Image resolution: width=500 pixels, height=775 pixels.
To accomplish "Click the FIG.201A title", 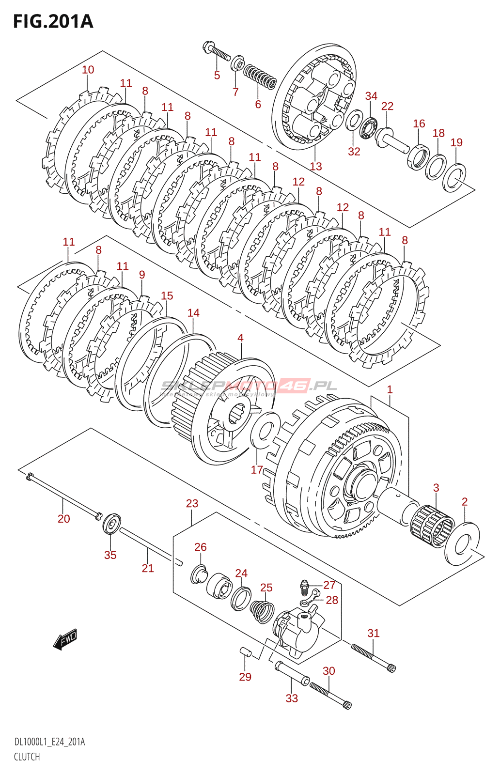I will coord(53,21).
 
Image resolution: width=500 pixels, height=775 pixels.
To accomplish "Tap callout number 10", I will coord(88,70).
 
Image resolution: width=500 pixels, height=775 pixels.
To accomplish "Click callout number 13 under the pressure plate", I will coord(315,167).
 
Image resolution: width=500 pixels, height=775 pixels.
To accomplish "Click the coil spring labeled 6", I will coord(260,77).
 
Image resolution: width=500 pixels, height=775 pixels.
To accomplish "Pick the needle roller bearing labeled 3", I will coord(433,526).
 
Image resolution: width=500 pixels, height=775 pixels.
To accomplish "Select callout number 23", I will coord(192,504).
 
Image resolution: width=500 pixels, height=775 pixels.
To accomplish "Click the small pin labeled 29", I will coord(246,651).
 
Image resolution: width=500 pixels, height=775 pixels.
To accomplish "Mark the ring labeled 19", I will coord(454,178).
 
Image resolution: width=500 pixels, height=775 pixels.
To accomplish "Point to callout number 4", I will coord(240,338).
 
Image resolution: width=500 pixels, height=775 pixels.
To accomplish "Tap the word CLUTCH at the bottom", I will coord(27,757).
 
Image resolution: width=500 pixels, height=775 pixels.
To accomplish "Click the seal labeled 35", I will coord(112,524).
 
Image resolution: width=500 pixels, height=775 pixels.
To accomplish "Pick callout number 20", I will coord(63,519).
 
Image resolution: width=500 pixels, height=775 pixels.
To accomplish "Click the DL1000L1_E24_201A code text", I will coord(49,742).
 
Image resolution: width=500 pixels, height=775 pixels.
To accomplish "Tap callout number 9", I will coord(141,275).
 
